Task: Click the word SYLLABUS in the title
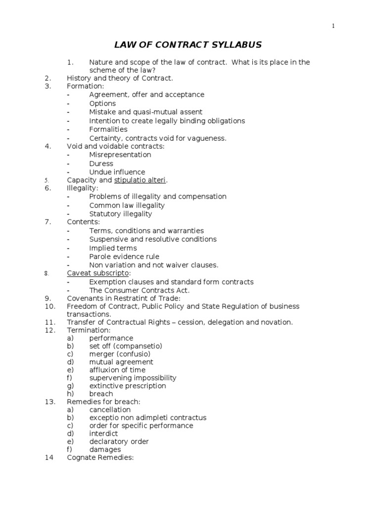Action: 234,45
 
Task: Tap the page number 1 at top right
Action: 333,26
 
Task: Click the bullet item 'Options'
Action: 102,103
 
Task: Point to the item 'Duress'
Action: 101,163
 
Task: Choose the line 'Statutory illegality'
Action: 121,214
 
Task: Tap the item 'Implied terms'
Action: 113,248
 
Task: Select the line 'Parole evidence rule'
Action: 124,256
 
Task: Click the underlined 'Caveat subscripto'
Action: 97,273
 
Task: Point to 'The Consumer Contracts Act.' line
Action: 139,291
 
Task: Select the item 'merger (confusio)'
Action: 120,354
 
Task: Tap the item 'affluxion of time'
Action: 117,370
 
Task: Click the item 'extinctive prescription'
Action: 128,386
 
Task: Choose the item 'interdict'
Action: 104,433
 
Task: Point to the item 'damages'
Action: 105,450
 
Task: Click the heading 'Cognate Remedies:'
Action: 100,458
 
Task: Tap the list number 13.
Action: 49,402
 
